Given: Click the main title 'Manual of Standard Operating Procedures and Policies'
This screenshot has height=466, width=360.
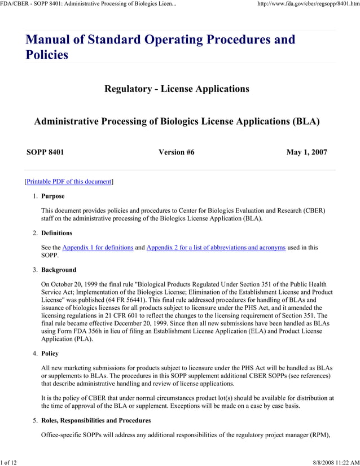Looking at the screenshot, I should [x=160, y=47].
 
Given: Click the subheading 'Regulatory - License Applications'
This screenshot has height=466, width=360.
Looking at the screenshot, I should [x=177, y=89].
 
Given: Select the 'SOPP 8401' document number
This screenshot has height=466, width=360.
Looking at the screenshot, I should [x=45, y=152].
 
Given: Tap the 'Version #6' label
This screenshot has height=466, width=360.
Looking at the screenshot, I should [x=177, y=152].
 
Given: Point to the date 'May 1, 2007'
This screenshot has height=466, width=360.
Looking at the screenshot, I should [x=306, y=152].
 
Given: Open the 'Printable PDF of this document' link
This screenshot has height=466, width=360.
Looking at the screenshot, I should [x=68, y=182].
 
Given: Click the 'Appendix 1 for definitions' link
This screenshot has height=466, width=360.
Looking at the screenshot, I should [x=98, y=248].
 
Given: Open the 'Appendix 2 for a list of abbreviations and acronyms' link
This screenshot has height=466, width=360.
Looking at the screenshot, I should [x=216, y=248].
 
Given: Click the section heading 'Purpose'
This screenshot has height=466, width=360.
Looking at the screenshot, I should [x=53, y=196].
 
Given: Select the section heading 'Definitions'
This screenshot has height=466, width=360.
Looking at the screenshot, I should [x=57, y=233].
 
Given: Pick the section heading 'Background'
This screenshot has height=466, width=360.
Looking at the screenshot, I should [x=59, y=270].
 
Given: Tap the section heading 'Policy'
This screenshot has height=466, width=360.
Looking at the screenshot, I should [x=50, y=354].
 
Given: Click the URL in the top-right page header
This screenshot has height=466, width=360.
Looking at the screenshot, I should [x=308, y=5].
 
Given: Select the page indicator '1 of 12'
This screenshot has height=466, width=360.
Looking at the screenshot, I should [x=9, y=463].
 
